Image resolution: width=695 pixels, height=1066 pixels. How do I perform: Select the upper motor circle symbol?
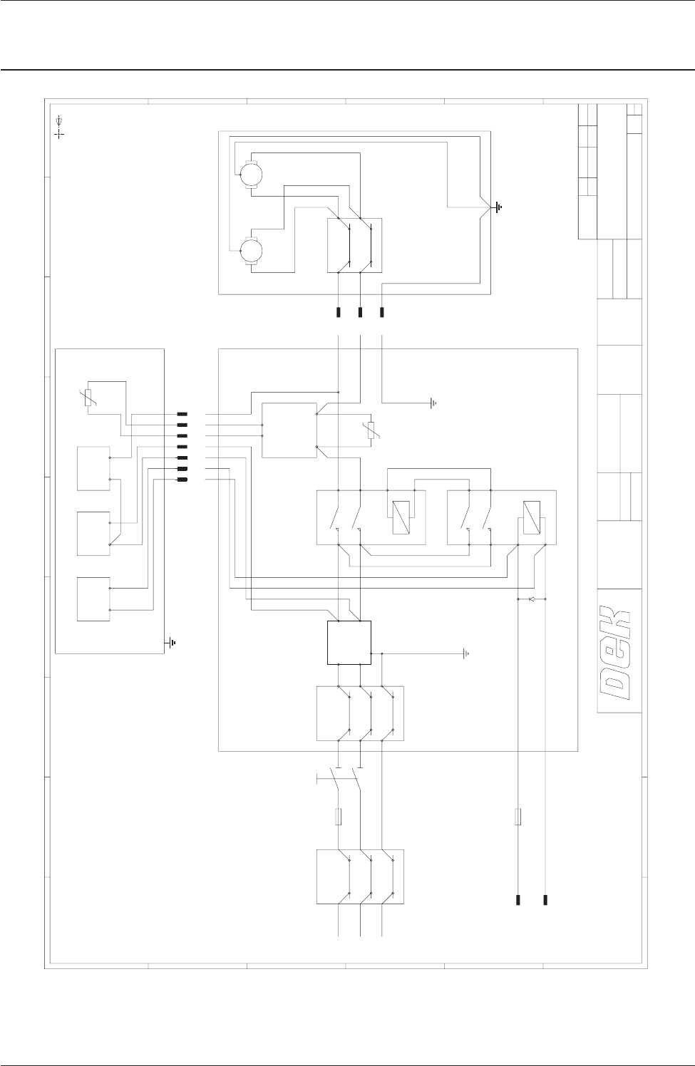250,173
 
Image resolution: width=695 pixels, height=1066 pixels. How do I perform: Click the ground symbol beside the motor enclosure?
497,207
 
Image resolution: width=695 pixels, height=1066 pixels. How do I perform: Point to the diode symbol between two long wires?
531,599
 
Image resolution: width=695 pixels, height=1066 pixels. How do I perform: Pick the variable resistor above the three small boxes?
88,398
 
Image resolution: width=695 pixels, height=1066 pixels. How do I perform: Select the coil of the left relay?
401,514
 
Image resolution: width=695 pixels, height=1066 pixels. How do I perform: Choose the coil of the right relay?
530,514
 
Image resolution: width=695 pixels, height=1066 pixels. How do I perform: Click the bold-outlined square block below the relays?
349,642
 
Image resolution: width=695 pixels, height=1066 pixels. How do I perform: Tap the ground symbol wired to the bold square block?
466,653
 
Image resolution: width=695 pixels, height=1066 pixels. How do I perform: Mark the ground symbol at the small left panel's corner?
172,644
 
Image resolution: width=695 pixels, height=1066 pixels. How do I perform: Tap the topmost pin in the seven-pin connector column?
182,413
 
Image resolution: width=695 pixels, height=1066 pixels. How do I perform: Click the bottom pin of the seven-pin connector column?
182,480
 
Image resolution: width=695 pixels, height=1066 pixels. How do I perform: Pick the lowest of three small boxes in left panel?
93,599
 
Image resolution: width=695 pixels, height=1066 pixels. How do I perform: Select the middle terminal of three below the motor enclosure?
360,312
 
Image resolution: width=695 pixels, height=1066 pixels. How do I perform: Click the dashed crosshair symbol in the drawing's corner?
59,133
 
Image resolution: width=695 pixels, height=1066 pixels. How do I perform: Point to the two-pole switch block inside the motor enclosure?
354,245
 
